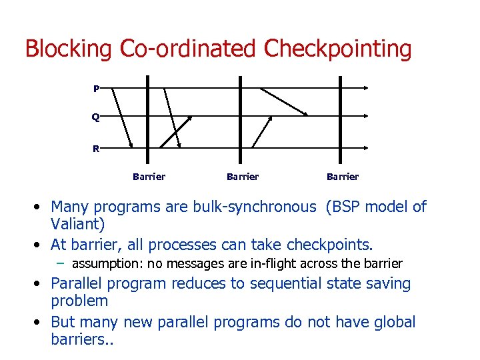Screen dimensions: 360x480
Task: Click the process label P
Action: (x=97, y=88)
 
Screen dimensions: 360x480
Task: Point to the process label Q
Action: (x=96, y=117)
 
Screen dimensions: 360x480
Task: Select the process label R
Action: (x=96, y=149)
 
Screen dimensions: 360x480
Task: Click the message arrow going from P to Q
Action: (x=283, y=102)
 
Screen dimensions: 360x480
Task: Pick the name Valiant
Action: (x=77, y=225)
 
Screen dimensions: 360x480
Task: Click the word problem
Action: (x=79, y=301)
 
